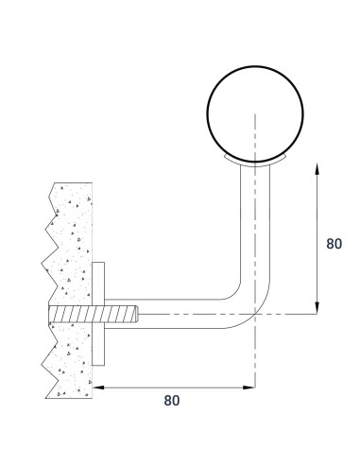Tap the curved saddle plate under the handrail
pos(253,162)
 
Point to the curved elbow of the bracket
pos(244,302)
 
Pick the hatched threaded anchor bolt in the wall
pos(90,314)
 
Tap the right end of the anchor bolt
pos(137,314)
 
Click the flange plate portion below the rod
pos(98,346)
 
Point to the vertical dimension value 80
pos(333,243)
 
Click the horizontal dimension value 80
pos(171,399)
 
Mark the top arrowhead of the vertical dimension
pos(317,168)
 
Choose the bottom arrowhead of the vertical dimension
pos(317,308)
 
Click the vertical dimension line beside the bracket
pos(317,236)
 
